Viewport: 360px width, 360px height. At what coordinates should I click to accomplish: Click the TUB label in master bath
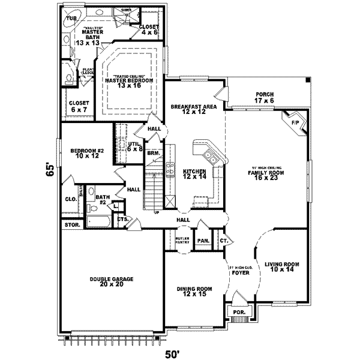pyautogui.click(x=71, y=19)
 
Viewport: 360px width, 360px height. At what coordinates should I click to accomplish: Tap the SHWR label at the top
pyautogui.click(x=127, y=11)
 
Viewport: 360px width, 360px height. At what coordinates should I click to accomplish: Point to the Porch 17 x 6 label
pyautogui.click(x=265, y=97)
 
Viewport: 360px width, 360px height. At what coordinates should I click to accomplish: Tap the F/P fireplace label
pyautogui.click(x=295, y=123)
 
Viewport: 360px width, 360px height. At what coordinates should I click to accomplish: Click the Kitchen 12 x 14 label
pyautogui.click(x=194, y=174)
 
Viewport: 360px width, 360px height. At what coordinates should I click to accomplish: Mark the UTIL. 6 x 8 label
pyautogui.click(x=134, y=146)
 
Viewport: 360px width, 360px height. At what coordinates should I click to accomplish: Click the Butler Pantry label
pyautogui.click(x=182, y=241)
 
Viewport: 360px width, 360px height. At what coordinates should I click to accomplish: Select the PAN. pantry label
pyautogui.click(x=203, y=241)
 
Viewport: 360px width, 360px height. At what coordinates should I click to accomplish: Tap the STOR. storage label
pyautogui.click(x=70, y=225)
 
